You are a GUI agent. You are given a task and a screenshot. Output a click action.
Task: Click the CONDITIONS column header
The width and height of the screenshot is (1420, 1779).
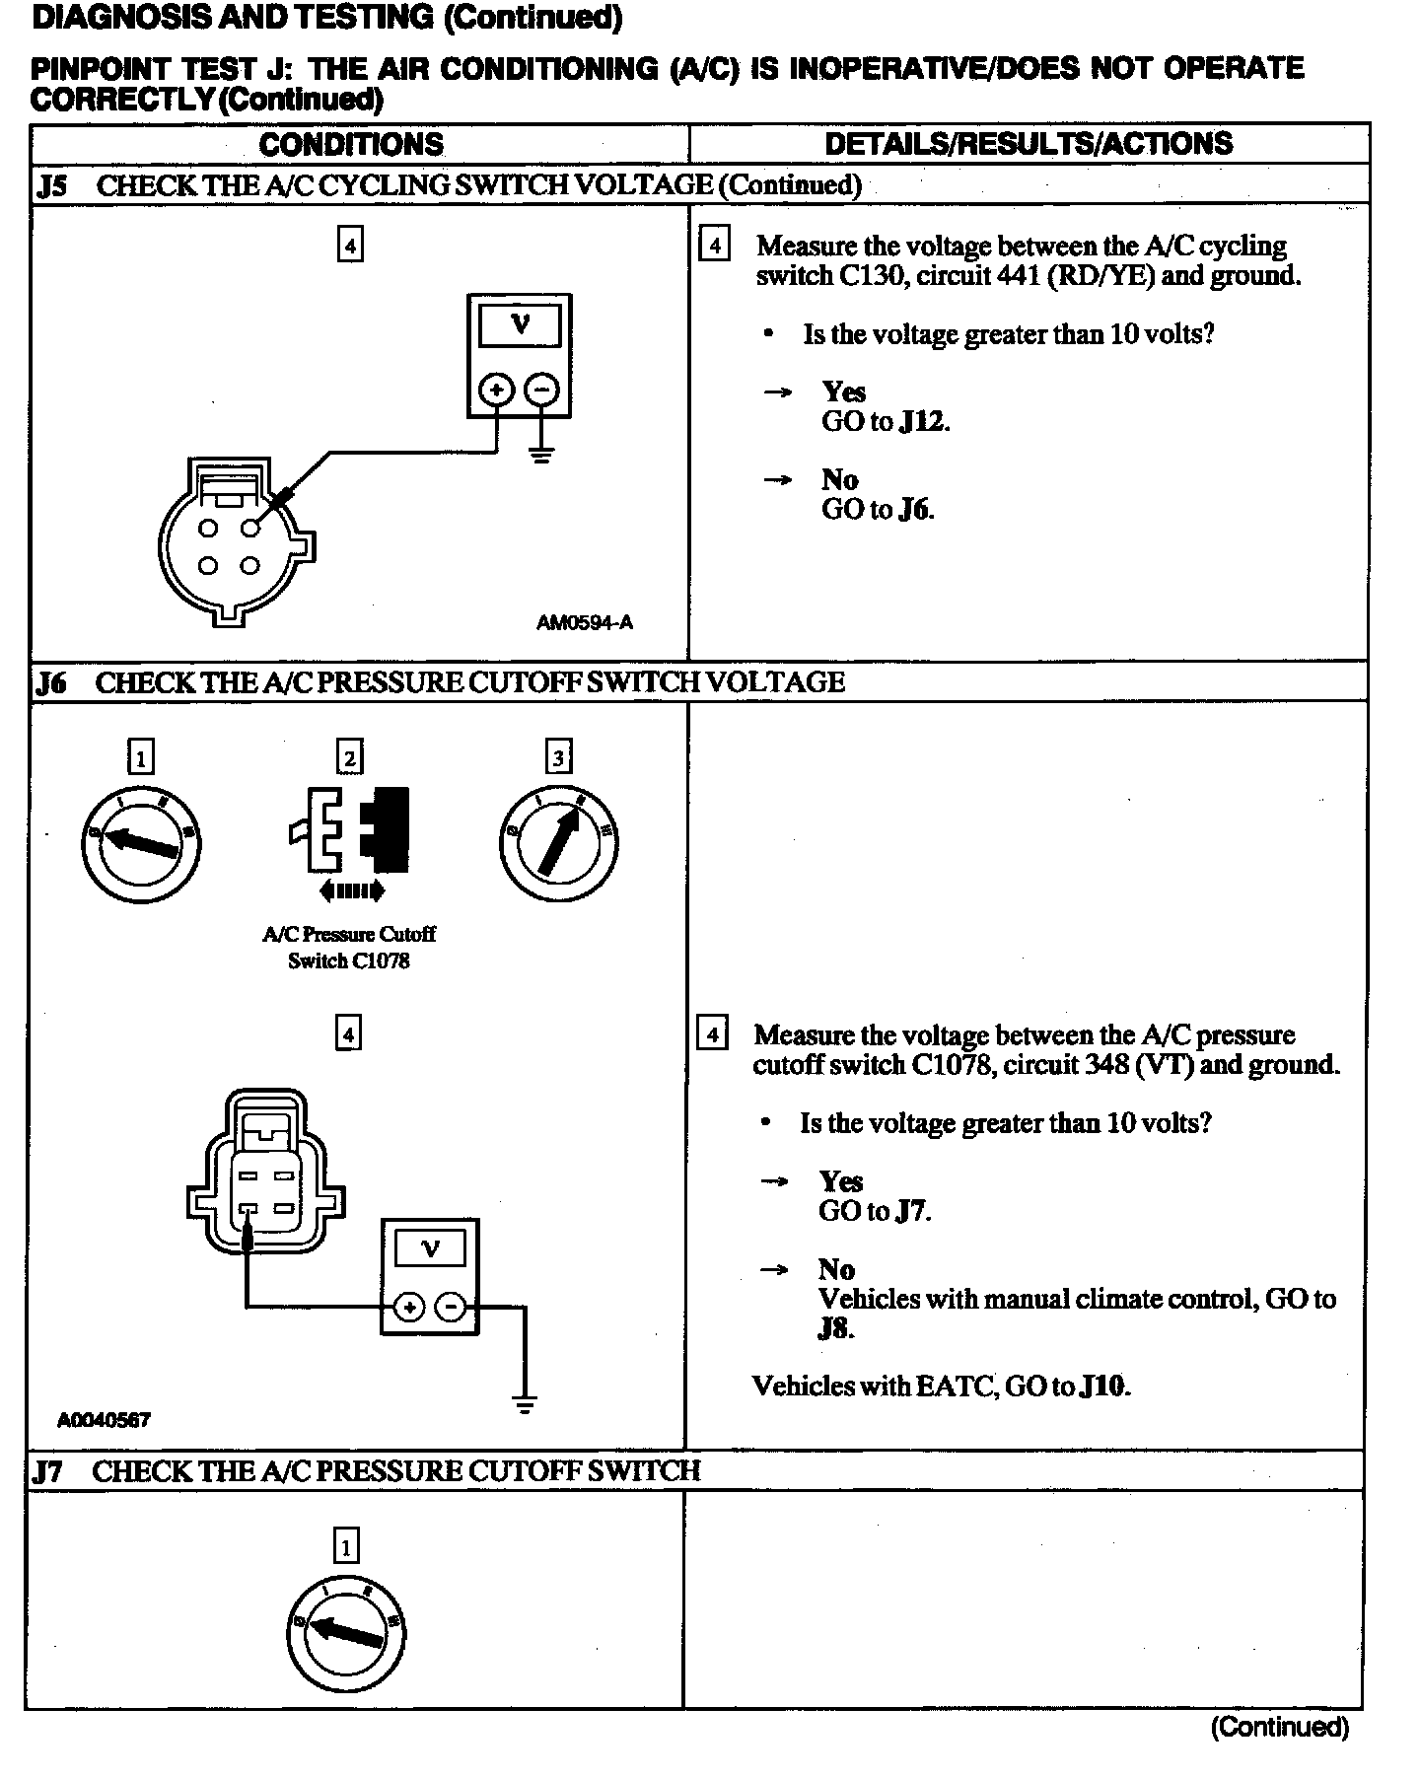point(351,144)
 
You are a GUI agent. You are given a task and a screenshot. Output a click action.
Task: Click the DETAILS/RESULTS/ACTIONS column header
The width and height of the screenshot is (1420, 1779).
point(1029,144)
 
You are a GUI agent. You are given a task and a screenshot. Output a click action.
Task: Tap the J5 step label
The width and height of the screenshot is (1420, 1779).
point(51,185)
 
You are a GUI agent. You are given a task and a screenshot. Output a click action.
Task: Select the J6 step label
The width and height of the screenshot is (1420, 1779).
point(51,682)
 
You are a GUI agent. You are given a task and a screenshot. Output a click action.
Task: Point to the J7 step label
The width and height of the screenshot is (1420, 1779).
point(48,1471)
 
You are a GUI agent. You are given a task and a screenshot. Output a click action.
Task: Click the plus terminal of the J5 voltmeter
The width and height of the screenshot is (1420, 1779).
point(496,390)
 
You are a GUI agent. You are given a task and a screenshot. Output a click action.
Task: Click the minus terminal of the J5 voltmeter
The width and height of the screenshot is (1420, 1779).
point(541,390)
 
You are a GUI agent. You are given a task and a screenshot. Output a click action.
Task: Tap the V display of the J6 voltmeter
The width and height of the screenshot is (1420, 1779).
point(430,1249)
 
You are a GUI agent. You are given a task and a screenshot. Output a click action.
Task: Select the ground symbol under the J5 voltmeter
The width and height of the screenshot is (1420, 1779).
point(541,455)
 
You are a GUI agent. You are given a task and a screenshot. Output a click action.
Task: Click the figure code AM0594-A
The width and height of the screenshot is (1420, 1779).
point(585,622)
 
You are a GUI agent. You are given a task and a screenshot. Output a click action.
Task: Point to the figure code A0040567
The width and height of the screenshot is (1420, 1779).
point(104,1420)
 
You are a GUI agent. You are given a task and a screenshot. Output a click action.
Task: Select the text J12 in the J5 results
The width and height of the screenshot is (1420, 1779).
point(924,422)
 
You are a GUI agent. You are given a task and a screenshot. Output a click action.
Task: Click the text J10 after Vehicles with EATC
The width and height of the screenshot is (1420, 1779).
point(1103,1387)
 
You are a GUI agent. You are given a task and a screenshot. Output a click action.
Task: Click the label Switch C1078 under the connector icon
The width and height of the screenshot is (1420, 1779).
point(348,961)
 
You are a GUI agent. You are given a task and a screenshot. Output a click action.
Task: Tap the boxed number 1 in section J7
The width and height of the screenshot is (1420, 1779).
point(346,1545)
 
